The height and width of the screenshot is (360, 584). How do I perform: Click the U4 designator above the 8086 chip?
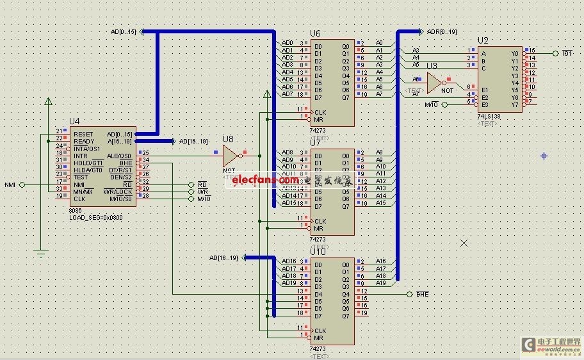click(x=74, y=121)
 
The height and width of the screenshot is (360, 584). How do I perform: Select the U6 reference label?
click(x=315, y=33)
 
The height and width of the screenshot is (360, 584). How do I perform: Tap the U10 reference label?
click(x=317, y=252)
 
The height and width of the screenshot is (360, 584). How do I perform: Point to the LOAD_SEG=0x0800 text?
click(x=95, y=217)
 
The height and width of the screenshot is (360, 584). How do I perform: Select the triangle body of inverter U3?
click(x=434, y=82)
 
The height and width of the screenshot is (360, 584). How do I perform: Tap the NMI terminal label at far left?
click(x=10, y=184)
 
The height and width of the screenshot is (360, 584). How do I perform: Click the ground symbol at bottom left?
click(x=42, y=253)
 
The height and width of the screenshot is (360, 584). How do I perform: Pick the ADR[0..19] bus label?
click(x=442, y=31)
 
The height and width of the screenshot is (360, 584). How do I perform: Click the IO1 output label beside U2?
click(x=567, y=53)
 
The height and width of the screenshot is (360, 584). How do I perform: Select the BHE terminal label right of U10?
click(x=422, y=294)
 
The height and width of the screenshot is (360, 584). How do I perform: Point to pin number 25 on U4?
click(x=146, y=152)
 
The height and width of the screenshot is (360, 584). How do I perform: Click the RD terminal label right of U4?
click(x=202, y=184)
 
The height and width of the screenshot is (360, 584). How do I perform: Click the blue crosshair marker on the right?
click(x=544, y=156)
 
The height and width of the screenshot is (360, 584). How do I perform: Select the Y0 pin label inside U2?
click(x=514, y=54)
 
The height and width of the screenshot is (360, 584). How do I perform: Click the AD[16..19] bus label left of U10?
click(x=223, y=258)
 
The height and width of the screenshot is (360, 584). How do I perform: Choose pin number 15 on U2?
click(x=531, y=50)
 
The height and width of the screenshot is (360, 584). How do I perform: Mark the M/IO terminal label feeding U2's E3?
click(x=432, y=104)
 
